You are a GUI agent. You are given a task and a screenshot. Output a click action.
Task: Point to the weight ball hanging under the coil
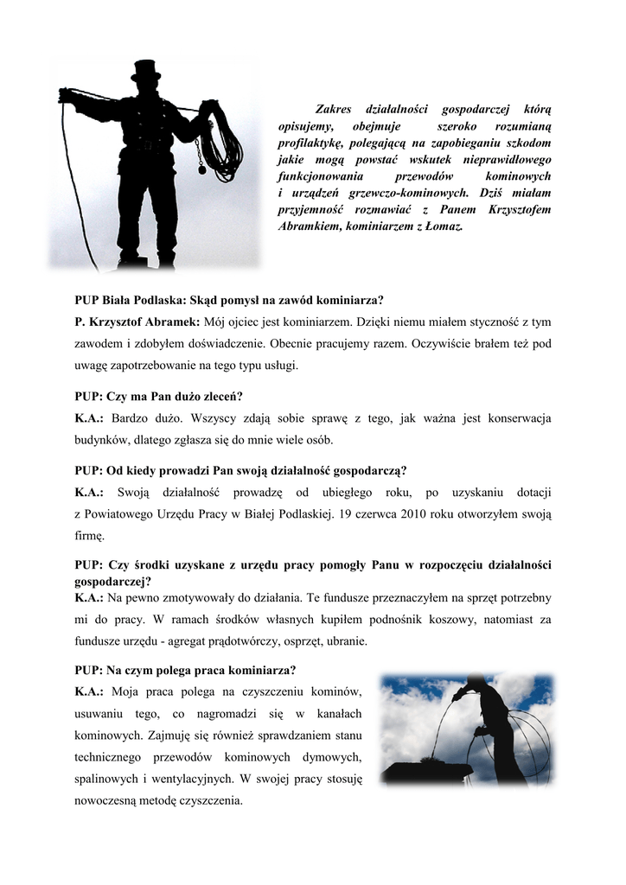pos(202,170)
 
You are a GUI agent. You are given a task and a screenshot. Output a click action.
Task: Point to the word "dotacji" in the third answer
pos(530,492)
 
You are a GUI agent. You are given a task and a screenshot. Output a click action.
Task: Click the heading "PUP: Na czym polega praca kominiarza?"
pos(185,670)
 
